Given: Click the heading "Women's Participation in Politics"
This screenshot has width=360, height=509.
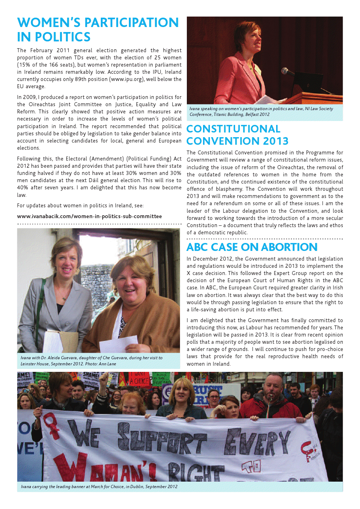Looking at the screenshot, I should (x=98, y=30).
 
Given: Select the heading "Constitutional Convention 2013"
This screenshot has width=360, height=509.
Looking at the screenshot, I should (x=238, y=135).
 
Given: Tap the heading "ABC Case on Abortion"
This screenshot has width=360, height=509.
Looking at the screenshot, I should (x=252, y=247).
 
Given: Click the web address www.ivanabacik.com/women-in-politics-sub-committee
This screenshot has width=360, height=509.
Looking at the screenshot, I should (x=89, y=216).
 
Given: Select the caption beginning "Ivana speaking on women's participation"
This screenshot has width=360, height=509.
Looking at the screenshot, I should (x=261, y=112).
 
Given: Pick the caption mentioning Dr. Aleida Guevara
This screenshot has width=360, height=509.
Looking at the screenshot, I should (x=91, y=361).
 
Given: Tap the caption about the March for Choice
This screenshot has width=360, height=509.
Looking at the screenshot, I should (x=99, y=487).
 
